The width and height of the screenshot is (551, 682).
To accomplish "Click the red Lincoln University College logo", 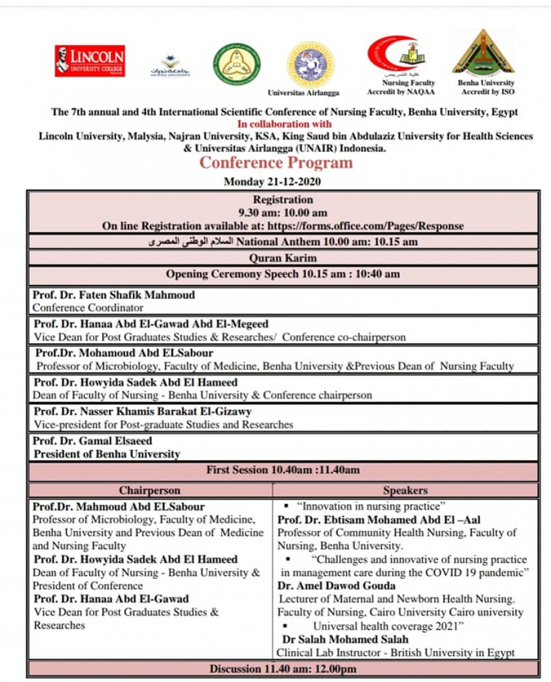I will point(90,61).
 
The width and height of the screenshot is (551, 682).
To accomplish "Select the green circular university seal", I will point(237,64).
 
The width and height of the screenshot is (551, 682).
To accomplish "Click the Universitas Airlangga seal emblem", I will point(310,64).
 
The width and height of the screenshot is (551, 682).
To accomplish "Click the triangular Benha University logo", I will point(484,52).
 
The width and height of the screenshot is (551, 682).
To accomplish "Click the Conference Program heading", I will point(276,162).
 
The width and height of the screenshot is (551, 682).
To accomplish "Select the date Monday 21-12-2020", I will point(272,181).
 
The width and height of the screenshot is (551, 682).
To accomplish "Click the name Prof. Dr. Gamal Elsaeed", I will point(93,441).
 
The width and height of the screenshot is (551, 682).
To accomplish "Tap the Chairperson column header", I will point(150,490).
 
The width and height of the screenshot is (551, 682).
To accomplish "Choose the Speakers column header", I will point(405,490).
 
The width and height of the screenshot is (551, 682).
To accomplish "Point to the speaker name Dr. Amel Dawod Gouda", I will point(337,585).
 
